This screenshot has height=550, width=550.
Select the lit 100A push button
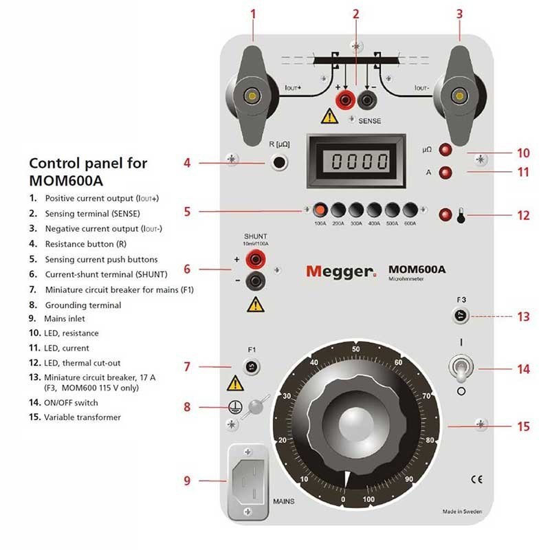pos(320,210)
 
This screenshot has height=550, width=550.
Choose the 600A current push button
pos(410,210)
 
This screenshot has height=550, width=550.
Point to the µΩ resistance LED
pos(446,150)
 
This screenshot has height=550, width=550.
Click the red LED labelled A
pos(446,172)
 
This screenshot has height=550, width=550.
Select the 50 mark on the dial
pos(355,349)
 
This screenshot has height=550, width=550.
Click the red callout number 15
pos(523,427)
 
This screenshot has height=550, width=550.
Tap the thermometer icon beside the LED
pos(460,216)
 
